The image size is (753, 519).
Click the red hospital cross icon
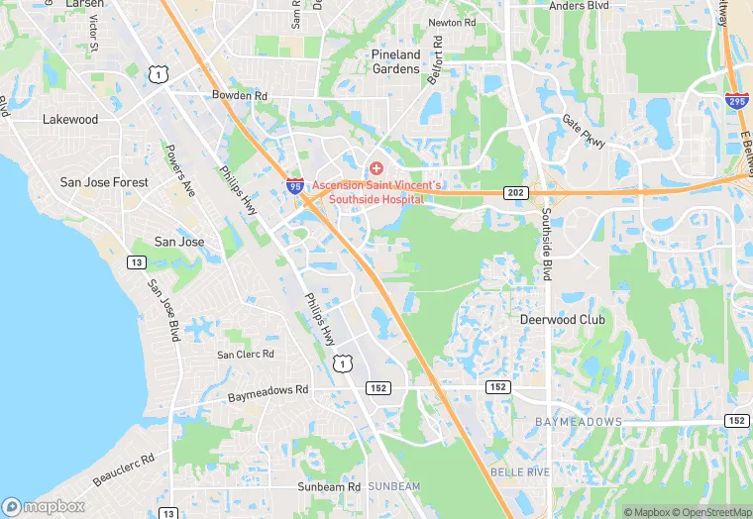point(376,169)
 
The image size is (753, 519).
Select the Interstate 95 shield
point(295,184)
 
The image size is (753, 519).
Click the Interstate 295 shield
point(736,101)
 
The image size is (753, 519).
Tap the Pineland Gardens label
point(396,61)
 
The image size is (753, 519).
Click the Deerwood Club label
point(561,320)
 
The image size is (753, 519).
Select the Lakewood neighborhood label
point(70,119)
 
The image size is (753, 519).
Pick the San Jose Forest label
point(104,182)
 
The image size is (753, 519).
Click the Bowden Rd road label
point(240,96)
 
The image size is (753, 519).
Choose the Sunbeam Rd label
point(329,487)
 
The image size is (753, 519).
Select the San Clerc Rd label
point(246,355)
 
